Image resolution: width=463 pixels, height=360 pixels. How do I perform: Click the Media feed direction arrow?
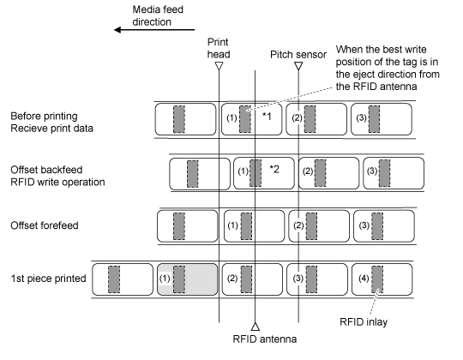pos(154,30)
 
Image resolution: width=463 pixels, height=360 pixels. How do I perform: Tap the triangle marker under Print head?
pos(219,65)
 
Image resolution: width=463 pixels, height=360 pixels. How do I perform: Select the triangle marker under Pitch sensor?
pos(298,65)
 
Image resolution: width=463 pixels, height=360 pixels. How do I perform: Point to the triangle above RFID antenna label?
pos(256,327)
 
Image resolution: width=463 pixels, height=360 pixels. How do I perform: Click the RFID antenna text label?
pos(265,339)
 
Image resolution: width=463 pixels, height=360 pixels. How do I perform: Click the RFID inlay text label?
pos(364,321)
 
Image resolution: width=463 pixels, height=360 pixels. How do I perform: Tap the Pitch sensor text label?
pos(298,55)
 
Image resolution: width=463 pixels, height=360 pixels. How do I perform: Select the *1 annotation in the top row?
pos(267,117)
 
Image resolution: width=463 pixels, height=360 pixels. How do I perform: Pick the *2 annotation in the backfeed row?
pos(274,170)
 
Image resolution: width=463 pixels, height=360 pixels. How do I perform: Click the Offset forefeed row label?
pos(45,225)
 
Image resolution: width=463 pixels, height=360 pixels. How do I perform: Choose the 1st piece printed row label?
pos(48,279)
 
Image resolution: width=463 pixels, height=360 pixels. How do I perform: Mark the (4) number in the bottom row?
pos(364,279)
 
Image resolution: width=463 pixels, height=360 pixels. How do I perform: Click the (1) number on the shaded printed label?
pos(165,279)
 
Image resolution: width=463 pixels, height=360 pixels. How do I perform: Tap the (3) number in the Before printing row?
pos(362,118)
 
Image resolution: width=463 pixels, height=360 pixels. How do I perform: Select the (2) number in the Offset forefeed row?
pos(298,225)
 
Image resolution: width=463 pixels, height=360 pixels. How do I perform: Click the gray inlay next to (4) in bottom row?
pos(377,279)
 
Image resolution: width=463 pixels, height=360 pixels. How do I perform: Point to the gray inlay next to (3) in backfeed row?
pos(384,173)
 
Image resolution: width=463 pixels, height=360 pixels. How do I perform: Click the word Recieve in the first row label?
pos(25,129)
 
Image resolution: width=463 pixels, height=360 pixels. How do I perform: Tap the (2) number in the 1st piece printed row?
pos(232,279)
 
